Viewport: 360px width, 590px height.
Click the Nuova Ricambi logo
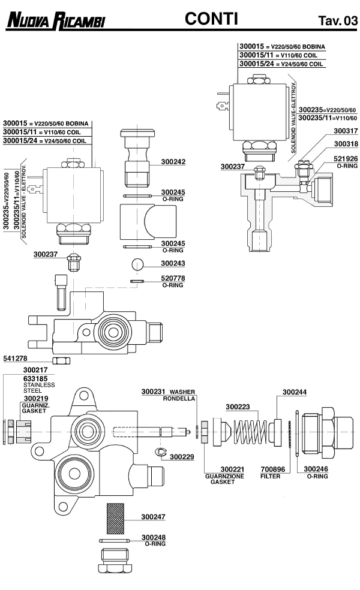[55, 21]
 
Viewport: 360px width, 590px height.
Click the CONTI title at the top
[212, 19]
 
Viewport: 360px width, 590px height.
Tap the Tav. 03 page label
[338, 22]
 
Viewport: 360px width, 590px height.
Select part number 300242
[173, 162]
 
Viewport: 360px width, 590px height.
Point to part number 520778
[173, 279]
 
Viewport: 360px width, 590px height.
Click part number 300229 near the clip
[182, 456]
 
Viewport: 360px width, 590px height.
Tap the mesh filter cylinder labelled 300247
[115, 519]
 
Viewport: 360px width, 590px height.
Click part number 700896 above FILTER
[273, 469]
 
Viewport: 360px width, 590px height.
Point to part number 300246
[316, 469]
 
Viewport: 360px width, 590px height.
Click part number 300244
[295, 392]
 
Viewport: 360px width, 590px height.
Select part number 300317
[346, 131]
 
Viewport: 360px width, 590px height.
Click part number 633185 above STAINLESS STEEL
[35, 379]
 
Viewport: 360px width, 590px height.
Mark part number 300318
[346, 145]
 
